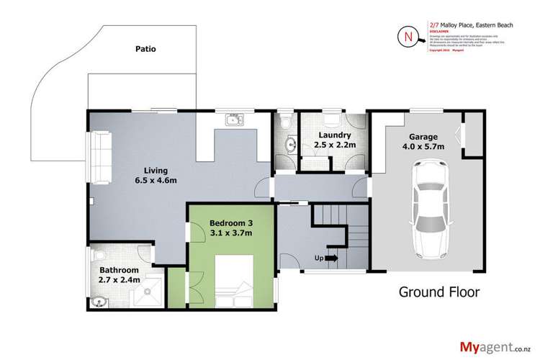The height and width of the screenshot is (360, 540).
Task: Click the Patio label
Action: [x=145, y=50]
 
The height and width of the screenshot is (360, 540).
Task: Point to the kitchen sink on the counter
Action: [x=234, y=119]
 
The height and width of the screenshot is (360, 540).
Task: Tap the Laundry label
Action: [x=331, y=135]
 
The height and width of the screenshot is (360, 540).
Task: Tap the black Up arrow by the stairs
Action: [x=331, y=258]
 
